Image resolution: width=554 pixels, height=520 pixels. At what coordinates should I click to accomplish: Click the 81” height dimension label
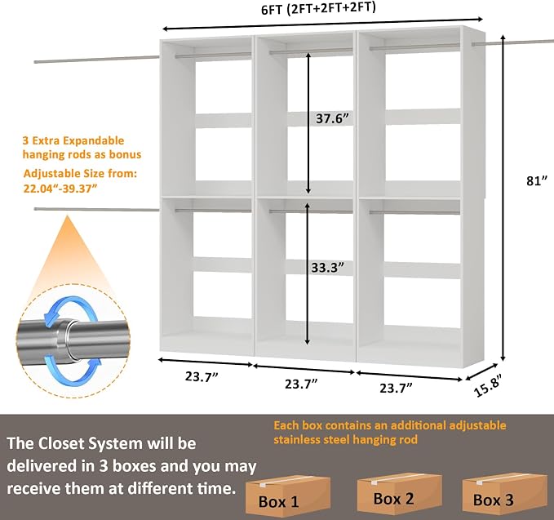pyautogui.click(x=536, y=180)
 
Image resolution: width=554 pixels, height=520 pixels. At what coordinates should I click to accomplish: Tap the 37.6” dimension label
pyautogui.click(x=332, y=118)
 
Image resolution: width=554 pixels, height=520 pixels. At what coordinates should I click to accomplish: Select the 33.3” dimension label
pyautogui.click(x=327, y=268)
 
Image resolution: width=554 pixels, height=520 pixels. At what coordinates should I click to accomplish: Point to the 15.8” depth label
pyautogui.click(x=489, y=385)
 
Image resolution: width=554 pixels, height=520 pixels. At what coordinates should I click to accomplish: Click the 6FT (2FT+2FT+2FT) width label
pyautogui.click(x=318, y=8)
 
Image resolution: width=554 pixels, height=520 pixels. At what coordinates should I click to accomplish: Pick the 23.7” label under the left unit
pyautogui.click(x=202, y=376)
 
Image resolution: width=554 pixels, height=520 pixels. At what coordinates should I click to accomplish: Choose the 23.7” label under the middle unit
pyautogui.click(x=301, y=384)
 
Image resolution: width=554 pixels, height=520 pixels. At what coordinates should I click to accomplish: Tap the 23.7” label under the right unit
pyautogui.click(x=396, y=388)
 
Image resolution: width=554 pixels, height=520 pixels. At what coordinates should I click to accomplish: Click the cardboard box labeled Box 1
pyautogui.click(x=287, y=494)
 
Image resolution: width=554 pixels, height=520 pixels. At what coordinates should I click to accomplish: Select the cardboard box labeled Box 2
pyautogui.click(x=400, y=491)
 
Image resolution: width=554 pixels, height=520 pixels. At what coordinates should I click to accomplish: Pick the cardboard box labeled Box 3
pyautogui.click(x=504, y=493)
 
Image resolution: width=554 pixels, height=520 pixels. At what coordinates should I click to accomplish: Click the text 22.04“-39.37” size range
pyautogui.click(x=60, y=188)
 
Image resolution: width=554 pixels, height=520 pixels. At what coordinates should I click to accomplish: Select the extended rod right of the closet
pyautogui.click(x=512, y=42)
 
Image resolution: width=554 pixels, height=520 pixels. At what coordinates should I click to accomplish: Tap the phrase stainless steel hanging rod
pyautogui.click(x=346, y=440)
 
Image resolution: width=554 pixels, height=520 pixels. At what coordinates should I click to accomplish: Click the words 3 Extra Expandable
pyautogui.click(x=73, y=140)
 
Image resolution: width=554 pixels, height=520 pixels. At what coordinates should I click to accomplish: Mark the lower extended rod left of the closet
pyautogui.click(x=97, y=209)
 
